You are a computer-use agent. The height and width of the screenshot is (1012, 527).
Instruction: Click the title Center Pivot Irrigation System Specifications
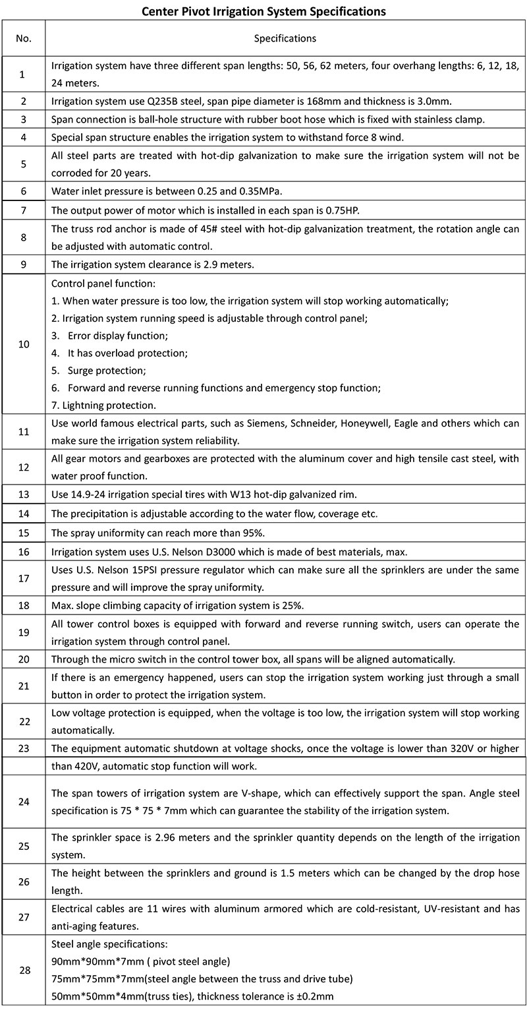point(263,11)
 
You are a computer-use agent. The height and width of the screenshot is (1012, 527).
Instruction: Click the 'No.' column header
point(24,38)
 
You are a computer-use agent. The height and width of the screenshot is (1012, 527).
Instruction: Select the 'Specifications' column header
point(285,38)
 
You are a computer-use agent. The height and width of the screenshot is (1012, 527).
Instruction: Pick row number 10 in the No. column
point(24,344)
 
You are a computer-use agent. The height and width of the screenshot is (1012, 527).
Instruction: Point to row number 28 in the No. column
point(24,970)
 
